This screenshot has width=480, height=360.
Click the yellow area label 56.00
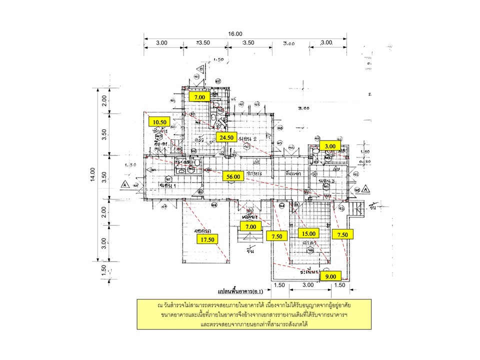tap(234, 176)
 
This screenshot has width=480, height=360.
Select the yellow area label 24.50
tap(225, 137)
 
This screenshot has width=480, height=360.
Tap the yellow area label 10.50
tap(160, 121)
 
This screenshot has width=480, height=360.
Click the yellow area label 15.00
tap(308, 233)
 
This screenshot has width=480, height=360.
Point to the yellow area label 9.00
tap(330, 276)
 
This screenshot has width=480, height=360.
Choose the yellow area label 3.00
tap(330, 145)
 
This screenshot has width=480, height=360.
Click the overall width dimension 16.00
tap(235, 33)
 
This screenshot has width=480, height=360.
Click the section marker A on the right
tap(366, 190)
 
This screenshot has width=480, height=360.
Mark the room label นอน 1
tap(165, 185)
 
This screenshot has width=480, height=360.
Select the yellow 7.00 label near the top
tap(200, 97)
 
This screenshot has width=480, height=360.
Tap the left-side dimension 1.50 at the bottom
tap(103, 268)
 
